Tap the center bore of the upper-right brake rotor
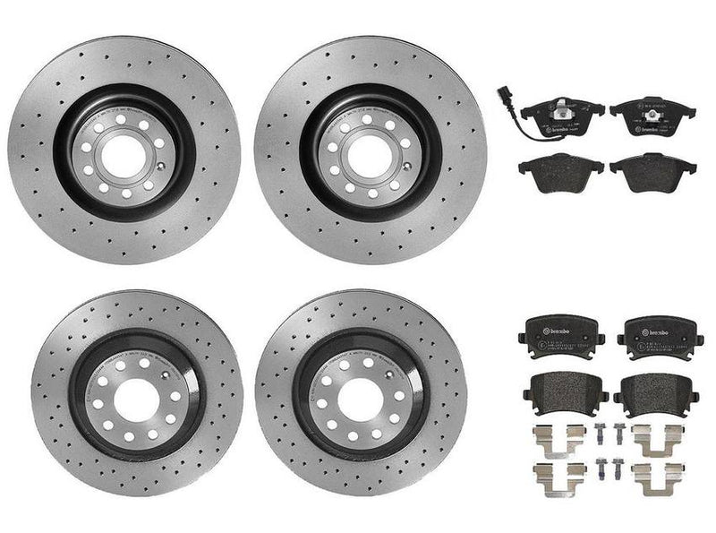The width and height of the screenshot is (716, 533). click(x=370, y=148)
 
